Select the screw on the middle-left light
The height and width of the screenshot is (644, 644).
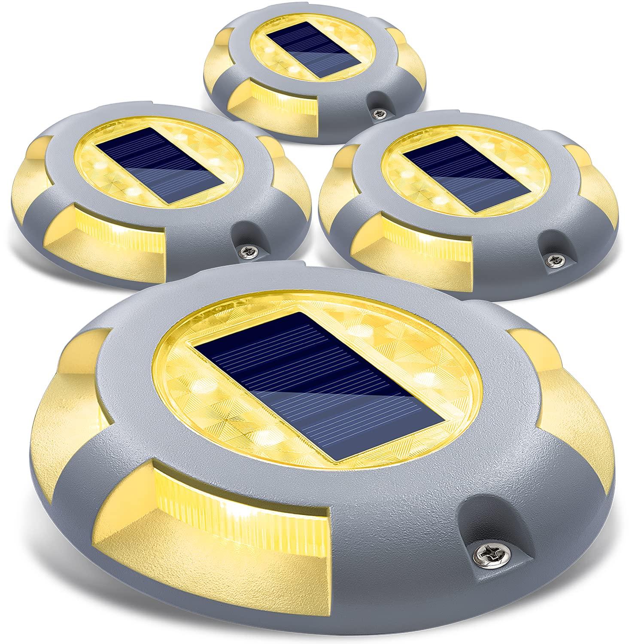coord(248,249)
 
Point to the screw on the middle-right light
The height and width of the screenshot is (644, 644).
coord(551,259)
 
